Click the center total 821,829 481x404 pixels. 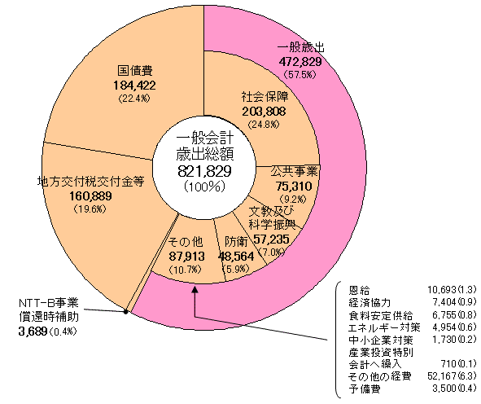[x=204, y=171]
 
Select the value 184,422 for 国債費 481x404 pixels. [x=134, y=86]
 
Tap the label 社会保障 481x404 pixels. [x=265, y=97]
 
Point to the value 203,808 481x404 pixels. [x=264, y=111]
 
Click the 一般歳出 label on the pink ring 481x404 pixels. [x=300, y=48]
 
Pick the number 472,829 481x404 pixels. [x=300, y=62]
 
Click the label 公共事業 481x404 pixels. [x=294, y=172]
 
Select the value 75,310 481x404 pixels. [x=294, y=186]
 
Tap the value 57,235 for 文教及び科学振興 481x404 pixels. [x=272, y=239]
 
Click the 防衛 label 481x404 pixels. [x=236, y=242]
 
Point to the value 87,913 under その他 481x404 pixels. [x=186, y=256]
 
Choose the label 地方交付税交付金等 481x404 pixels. [x=91, y=182]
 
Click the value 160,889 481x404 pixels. [x=91, y=195]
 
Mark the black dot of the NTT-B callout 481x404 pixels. [x=125, y=312]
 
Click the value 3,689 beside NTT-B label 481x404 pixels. [x=33, y=332]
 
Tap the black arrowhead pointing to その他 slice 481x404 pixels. [x=195, y=289]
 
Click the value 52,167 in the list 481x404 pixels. [x=441, y=375]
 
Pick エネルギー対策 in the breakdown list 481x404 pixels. [x=384, y=327]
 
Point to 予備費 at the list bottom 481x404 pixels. [x=365, y=389]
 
